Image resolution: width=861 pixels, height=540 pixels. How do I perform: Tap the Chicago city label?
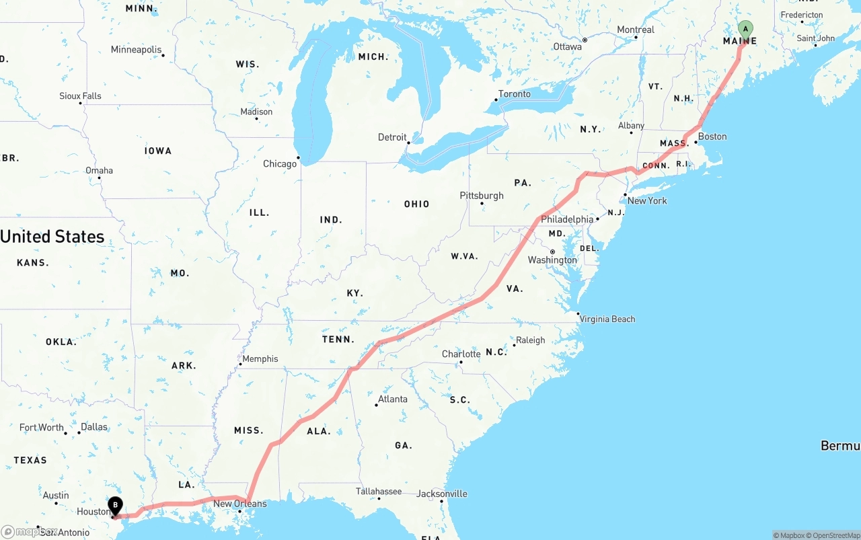(x=280, y=164)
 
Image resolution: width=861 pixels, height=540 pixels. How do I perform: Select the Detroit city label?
(x=392, y=137)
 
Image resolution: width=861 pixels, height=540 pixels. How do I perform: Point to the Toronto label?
(x=515, y=94)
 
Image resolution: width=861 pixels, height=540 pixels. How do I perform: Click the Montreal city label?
(x=636, y=30)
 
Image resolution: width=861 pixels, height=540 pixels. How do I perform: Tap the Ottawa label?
(x=567, y=47)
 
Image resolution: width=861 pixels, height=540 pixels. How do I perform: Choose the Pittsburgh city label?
(x=482, y=196)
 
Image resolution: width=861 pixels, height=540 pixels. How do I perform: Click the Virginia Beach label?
(x=607, y=319)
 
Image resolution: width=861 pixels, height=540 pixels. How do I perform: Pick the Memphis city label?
(x=260, y=359)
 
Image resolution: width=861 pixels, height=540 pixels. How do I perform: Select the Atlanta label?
(x=393, y=399)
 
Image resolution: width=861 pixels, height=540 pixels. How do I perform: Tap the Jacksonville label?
(x=442, y=494)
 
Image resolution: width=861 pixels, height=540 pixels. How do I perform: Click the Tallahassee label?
(x=379, y=492)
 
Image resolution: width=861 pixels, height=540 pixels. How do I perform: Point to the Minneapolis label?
(x=136, y=50)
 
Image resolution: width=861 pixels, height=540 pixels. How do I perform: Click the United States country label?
(x=52, y=237)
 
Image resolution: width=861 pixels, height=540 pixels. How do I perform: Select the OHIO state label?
(x=417, y=204)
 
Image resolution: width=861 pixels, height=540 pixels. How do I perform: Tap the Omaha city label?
(x=99, y=171)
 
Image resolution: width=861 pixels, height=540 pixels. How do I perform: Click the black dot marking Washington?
(x=552, y=252)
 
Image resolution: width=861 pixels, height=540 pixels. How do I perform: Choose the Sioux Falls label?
(x=80, y=96)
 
